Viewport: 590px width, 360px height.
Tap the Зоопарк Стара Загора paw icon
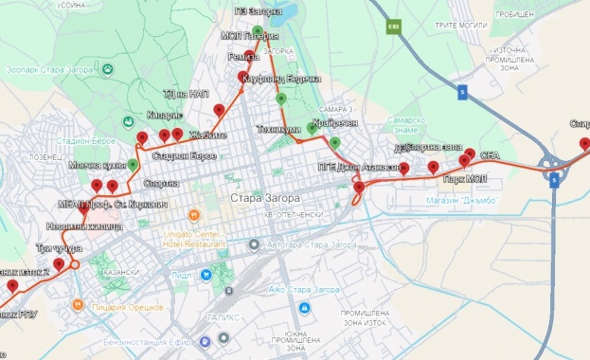click(107, 70)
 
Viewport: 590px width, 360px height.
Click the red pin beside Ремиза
click(250, 56)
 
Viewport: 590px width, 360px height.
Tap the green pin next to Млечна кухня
click(133, 165)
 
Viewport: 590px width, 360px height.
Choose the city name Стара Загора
click(264, 198)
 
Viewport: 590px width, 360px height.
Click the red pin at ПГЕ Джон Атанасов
click(358, 188)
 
